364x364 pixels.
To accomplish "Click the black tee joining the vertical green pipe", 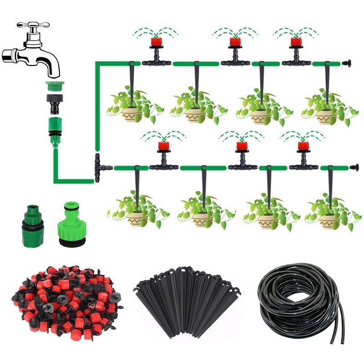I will (x=100, y=168).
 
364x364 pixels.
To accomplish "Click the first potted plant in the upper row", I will (x=132, y=107).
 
